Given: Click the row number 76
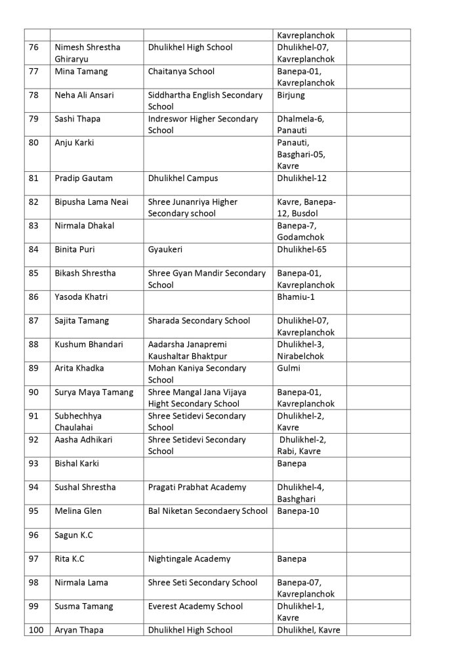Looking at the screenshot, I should click(x=34, y=47).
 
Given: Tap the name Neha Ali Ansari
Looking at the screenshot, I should click(x=84, y=95).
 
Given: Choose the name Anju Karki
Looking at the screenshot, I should click(x=75, y=142).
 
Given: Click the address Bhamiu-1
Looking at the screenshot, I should click(x=296, y=297).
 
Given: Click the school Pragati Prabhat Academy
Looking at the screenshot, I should click(x=197, y=487).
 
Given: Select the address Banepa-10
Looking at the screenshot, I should click(x=299, y=511).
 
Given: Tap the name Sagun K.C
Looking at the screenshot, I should click(x=73, y=535).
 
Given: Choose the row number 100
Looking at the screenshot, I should click(x=36, y=630).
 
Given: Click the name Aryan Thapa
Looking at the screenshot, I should click(x=79, y=630).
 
